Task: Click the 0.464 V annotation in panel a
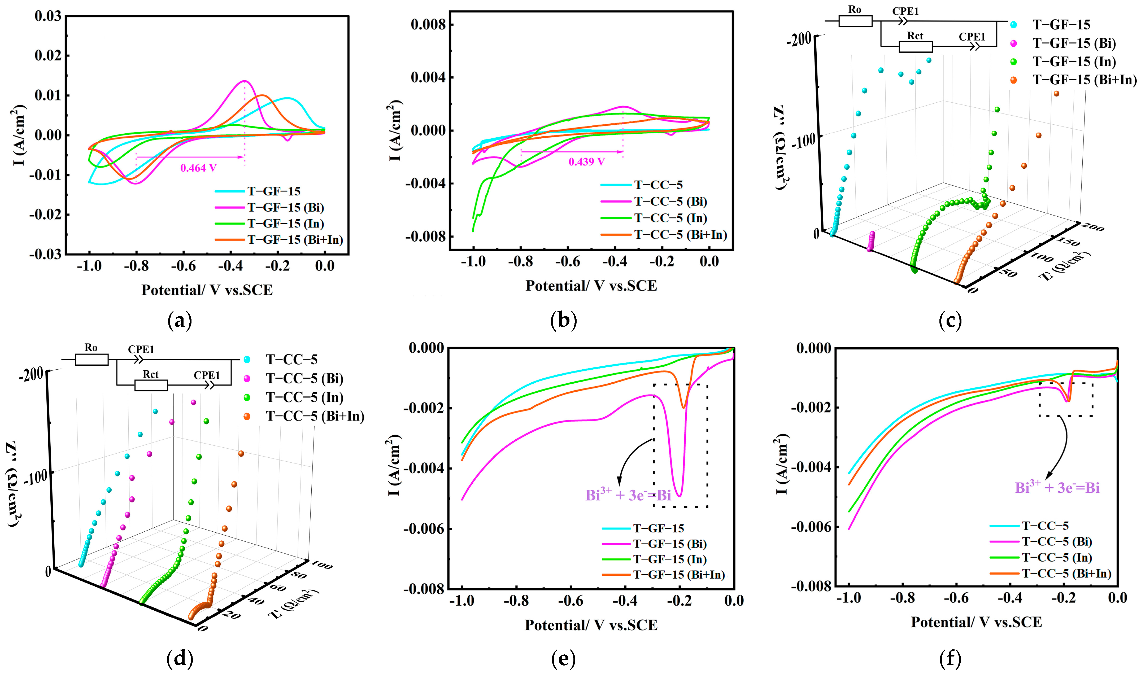[x=198, y=168]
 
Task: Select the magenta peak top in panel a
[x=244, y=81]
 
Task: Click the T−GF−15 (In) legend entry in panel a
[x=285, y=224]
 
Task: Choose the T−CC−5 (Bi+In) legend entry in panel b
[x=680, y=235]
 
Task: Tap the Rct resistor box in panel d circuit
[x=151, y=386]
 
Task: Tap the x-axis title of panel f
[x=976, y=622]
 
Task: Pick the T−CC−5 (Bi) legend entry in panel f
[x=1056, y=541]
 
